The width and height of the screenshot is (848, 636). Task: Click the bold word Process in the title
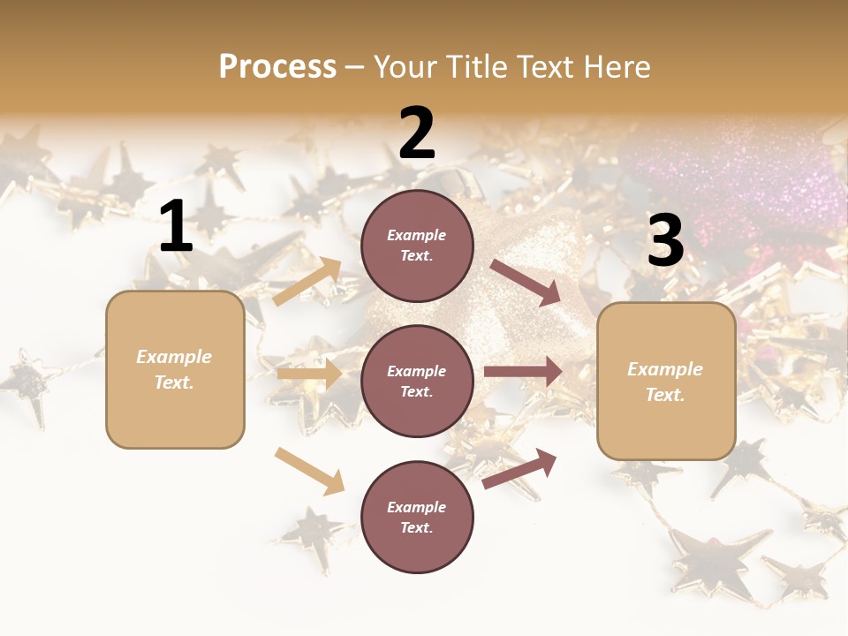[277, 66]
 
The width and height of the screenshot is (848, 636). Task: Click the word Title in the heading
[474, 66]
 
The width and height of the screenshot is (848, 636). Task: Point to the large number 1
[176, 227]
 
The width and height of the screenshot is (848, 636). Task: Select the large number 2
[417, 133]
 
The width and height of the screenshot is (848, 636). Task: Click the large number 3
[665, 241]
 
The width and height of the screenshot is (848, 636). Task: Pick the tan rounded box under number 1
[175, 369]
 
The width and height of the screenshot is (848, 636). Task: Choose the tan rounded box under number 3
[666, 382]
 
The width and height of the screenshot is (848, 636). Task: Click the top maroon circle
[417, 246]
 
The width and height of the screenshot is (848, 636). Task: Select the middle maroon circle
[417, 381]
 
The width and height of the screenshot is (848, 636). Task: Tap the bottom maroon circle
[417, 517]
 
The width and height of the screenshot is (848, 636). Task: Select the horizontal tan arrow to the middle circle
[309, 374]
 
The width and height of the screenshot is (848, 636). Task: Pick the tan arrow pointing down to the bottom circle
[309, 471]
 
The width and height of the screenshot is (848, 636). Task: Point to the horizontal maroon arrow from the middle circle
[523, 372]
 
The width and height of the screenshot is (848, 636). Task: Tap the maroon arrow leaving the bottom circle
[519, 468]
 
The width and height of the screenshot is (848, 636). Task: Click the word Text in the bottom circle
[416, 527]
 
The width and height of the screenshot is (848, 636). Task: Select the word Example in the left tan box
[174, 357]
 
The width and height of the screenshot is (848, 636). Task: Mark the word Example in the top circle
[416, 235]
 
